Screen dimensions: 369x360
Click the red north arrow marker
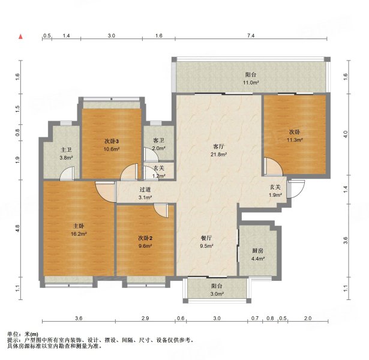[21, 37]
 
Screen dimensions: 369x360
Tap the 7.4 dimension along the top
[251, 36]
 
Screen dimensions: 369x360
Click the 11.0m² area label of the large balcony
[251, 83]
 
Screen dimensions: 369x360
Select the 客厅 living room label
[218, 146]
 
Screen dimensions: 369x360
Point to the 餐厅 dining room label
[206, 238]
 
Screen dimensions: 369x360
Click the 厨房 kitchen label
[257, 251]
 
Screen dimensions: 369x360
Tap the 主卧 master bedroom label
[79, 226]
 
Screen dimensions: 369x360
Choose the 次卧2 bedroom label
[145, 238]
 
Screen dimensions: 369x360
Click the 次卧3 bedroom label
[112, 141]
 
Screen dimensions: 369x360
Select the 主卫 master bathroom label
[66, 150]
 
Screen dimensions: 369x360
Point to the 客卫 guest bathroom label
[158, 140]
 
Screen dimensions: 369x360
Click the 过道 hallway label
[145, 190]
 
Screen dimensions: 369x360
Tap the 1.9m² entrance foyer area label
[275, 195]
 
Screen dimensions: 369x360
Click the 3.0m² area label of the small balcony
[217, 293]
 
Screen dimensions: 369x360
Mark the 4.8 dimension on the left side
[17, 228]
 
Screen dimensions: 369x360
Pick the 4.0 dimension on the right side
[346, 134]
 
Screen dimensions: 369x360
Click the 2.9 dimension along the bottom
[145, 319]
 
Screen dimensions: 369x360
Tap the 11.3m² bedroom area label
[295, 140]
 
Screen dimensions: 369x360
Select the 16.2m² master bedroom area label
[79, 234]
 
